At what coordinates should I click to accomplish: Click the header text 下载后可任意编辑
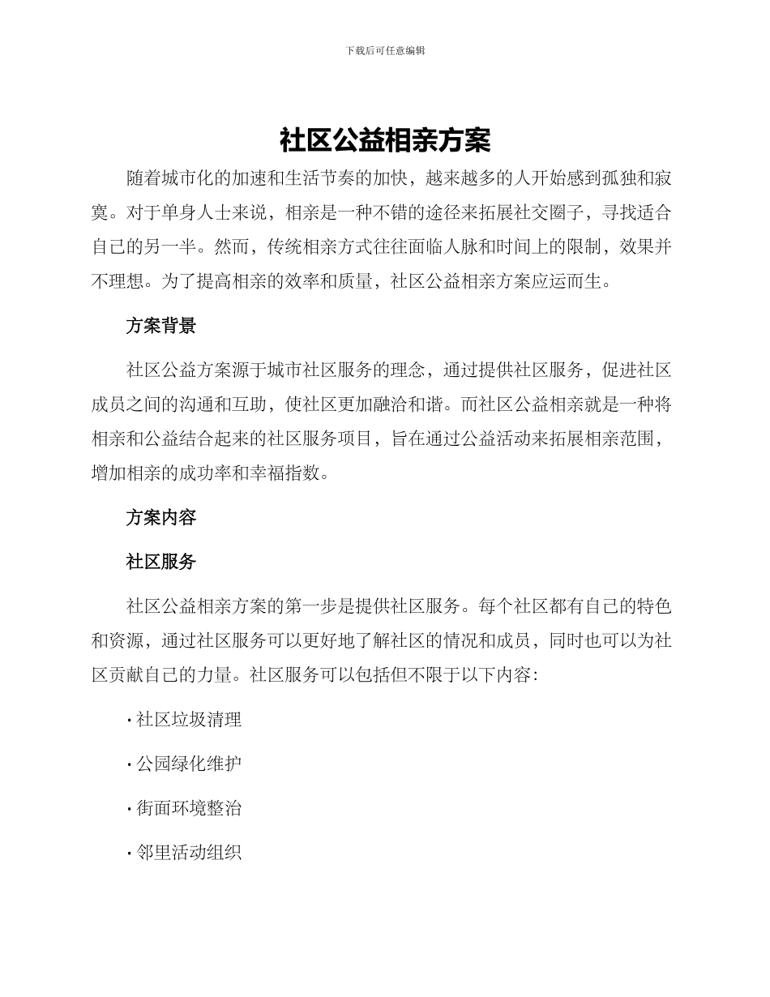385,50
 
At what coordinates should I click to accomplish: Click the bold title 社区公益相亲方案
385,140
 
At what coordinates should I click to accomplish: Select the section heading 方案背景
160,326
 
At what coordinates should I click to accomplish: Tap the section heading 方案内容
160,517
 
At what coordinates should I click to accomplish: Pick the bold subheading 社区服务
160,561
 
